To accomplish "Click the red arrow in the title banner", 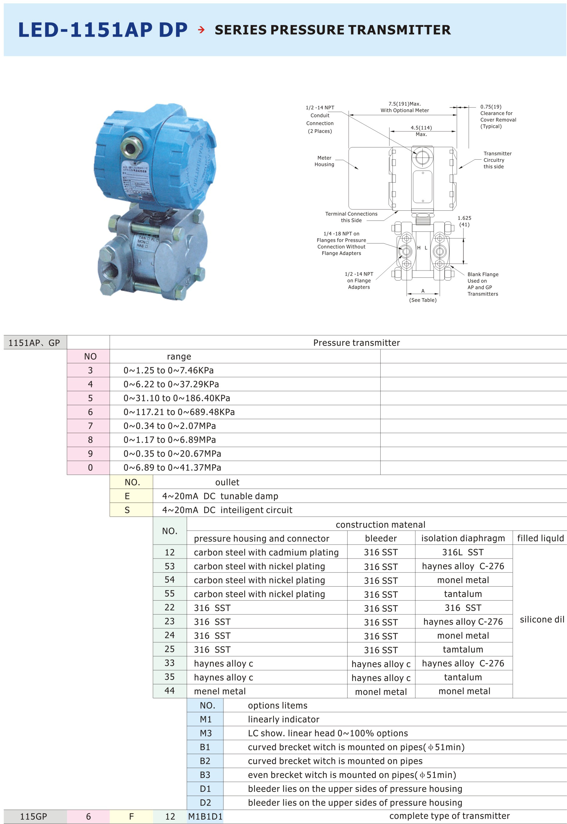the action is (x=201, y=30).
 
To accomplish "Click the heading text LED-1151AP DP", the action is (x=103, y=30).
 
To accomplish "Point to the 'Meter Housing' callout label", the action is (x=324, y=161).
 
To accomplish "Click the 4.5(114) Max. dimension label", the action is (x=421, y=131).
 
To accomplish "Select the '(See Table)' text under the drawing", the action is (x=423, y=300).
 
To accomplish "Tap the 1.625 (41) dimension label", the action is (x=464, y=221).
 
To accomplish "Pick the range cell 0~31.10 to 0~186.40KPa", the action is (x=177, y=398).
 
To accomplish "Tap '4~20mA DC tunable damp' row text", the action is (x=220, y=496).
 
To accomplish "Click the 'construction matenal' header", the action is (x=381, y=525).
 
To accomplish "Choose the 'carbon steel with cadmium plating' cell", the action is (x=267, y=552).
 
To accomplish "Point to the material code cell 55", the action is (x=169, y=593).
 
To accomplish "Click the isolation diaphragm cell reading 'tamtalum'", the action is (x=463, y=649).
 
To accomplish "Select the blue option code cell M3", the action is (x=205, y=733).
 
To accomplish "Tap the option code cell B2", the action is (x=205, y=761).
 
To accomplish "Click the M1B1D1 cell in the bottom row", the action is (x=205, y=816).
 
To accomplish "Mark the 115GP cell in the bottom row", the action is (x=33, y=816).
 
